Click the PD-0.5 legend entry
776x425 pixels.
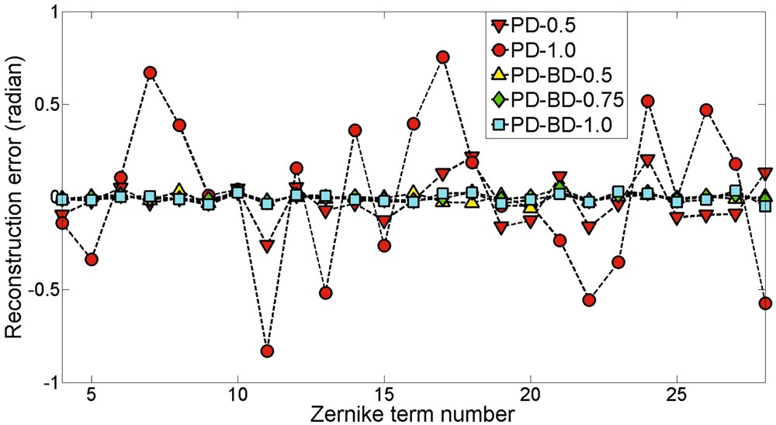[x=543, y=26]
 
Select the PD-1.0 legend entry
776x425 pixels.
[x=543, y=50]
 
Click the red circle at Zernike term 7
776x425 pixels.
[x=151, y=73]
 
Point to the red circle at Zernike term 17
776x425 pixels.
[x=443, y=57]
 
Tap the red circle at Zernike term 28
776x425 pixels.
[x=764, y=303]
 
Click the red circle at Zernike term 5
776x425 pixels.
[x=92, y=259]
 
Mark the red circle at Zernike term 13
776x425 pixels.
[x=326, y=292]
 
